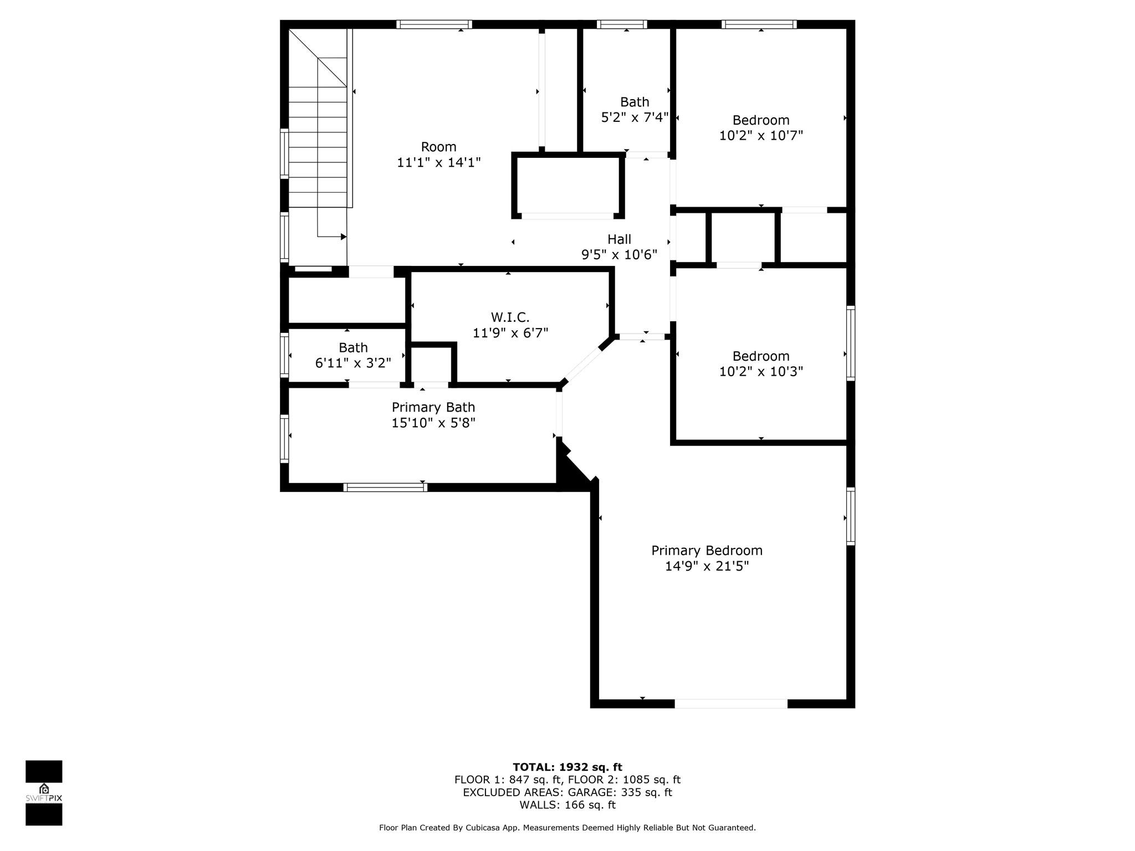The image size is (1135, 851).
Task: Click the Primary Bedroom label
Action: pos(707,551)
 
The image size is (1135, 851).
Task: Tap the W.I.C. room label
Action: pos(510,317)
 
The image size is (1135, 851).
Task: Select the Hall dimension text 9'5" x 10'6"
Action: pos(619,255)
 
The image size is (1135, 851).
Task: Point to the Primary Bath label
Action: pos(433,407)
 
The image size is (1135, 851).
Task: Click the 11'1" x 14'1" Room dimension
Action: pos(438,163)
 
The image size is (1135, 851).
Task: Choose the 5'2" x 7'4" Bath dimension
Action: pos(635,117)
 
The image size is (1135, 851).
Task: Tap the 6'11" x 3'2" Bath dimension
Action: pos(353,363)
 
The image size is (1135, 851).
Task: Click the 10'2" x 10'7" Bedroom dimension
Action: pos(761,136)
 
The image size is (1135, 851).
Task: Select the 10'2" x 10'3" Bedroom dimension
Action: pos(761,372)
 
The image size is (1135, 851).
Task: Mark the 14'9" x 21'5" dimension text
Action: pos(707,566)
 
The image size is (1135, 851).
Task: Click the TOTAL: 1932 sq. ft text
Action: pos(567,767)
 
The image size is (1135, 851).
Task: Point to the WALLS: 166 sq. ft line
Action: pos(567,805)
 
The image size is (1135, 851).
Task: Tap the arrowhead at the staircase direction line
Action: pos(344,237)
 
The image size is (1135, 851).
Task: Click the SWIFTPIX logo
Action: pos(44,793)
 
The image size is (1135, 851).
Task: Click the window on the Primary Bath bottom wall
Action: pos(385,488)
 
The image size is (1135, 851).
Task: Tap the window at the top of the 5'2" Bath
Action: pos(622,24)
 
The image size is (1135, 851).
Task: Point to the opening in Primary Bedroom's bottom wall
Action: pos(731,704)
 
